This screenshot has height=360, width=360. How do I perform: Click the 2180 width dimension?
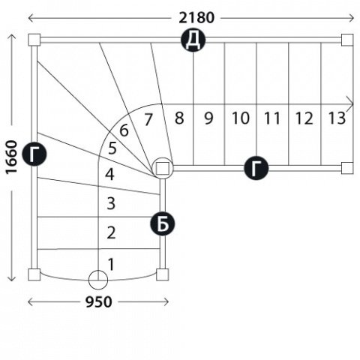pos(196,18)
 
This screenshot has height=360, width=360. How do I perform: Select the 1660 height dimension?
pos(12,157)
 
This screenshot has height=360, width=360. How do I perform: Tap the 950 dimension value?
pos(99,302)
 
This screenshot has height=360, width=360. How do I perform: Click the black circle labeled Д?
pos(193,40)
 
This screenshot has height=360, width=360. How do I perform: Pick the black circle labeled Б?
pos(163,223)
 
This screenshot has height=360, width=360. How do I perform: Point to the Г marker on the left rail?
pos(34,154)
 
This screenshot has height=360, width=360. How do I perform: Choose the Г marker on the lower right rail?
pos(256,168)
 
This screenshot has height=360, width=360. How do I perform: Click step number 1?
pos(111,265)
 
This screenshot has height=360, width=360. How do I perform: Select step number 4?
pos(109,174)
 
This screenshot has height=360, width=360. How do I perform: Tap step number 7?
pos(148,119)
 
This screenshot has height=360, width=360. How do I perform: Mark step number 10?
pos(241,118)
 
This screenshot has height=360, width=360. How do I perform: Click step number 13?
pos(337,118)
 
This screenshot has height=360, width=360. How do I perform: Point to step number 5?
pos(112,148)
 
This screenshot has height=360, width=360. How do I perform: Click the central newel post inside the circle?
pos(163,168)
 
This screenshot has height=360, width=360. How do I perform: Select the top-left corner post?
pos(34,40)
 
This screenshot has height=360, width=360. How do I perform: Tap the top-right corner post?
pos(347,40)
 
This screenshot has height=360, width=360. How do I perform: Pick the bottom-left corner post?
pos(34,274)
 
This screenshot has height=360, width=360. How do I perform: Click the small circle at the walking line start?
pos(98,280)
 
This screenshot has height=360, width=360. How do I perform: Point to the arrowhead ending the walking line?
pos(350,104)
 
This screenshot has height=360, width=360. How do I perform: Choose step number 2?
pos(111,232)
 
